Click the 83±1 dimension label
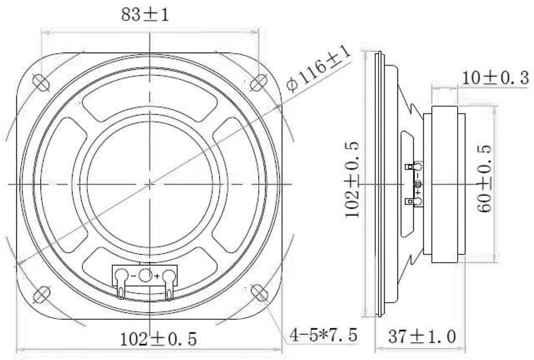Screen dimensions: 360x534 coord(145,15)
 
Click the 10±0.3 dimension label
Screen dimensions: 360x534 coord(495,79)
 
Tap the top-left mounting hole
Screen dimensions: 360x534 coord(40,81)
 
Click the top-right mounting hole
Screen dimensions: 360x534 coord(259,81)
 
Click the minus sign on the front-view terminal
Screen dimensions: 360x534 coord(133,276)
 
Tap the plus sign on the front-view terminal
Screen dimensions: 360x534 coord(156,276)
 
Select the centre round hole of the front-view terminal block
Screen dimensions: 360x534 coord(145,276)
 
